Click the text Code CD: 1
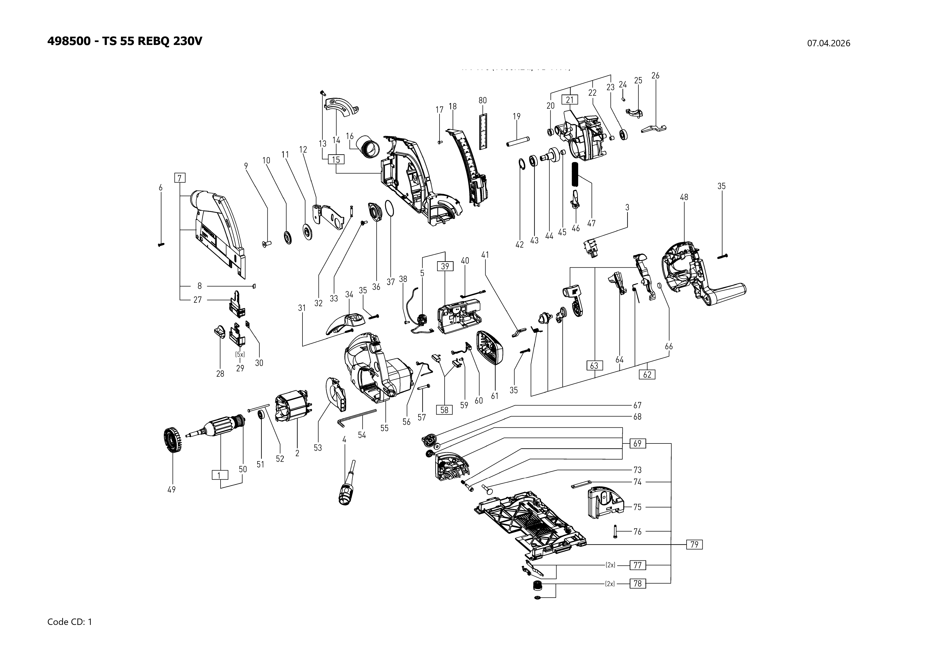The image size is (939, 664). [70, 622]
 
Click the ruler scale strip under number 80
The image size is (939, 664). [483, 131]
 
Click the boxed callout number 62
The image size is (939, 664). [647, 374]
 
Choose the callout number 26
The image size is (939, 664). [655, 76]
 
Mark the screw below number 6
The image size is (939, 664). [161, 244]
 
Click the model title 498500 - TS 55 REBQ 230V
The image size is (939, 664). [125, 41]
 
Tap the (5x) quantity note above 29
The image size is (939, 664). [240, 355]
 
